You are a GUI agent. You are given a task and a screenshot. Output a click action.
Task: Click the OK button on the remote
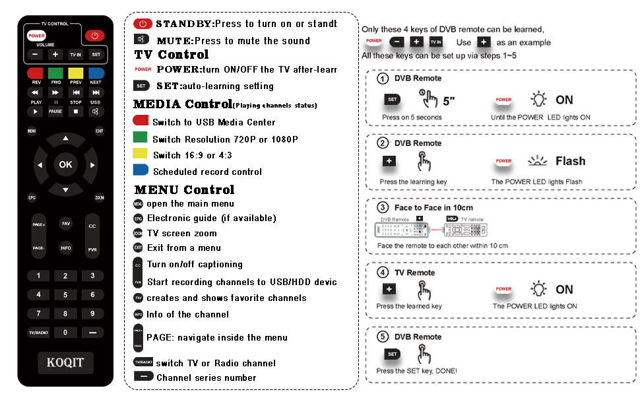coord(65,164)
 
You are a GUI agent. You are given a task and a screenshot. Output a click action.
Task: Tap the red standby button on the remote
coord(94,36)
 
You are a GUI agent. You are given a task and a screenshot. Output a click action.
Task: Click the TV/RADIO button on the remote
coord(38,332)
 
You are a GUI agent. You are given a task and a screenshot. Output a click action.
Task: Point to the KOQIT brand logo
coord(65,362)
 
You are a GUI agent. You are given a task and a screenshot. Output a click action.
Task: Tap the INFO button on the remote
coord(65,248)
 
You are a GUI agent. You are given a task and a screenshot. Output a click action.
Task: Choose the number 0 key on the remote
coord(65,332)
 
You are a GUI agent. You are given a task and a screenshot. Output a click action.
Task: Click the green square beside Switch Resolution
coord(140,139)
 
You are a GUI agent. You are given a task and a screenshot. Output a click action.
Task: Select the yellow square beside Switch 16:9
coord(140,154)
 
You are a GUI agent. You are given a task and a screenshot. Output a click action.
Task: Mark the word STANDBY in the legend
coord(184,24)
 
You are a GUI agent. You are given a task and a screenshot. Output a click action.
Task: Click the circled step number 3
coord(382,208)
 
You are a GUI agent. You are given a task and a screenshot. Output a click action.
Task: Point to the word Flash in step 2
coord(570,161)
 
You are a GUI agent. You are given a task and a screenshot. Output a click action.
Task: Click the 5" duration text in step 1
coord(449,101)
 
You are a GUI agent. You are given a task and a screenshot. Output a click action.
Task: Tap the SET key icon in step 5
coord(393,354)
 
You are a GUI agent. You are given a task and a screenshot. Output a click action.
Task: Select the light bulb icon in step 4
coord(540,289)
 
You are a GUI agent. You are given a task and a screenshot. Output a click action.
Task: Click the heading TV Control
coord(172,55)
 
